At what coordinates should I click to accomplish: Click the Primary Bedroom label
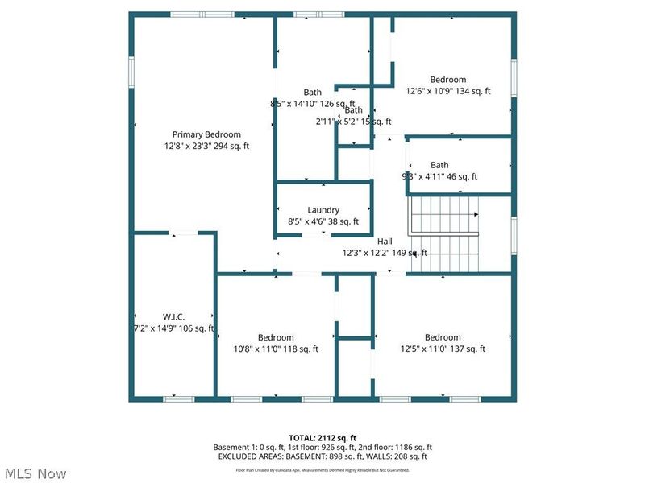pos(206,134)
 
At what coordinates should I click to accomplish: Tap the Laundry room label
pos(323,210)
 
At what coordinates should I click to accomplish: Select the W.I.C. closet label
pos(173,317)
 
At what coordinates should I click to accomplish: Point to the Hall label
pos(385,241)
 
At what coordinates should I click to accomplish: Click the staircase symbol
pos(444,233)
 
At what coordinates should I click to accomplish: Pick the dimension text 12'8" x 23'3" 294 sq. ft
pos(206,147)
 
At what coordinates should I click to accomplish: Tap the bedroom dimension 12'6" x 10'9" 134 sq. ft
pos(447,92)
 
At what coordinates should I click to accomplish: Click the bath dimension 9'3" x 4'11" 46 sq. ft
pos(439,177)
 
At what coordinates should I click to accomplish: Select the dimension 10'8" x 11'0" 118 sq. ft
pos(276,349)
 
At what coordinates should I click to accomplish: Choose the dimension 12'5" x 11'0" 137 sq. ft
pos(443,349)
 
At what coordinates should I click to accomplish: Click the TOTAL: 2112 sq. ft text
pos(322,437)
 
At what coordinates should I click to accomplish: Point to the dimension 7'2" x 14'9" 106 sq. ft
pos(173,328)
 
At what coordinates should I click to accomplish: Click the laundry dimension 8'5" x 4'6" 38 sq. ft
pos(323,222)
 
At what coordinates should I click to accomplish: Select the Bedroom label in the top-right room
pos(447,80)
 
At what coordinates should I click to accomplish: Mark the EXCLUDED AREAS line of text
pos(322,456)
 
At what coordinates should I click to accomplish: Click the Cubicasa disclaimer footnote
pos(322,469)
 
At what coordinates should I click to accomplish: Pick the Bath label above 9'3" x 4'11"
pos(439,165)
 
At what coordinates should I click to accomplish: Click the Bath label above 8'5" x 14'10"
pos(312,93)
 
